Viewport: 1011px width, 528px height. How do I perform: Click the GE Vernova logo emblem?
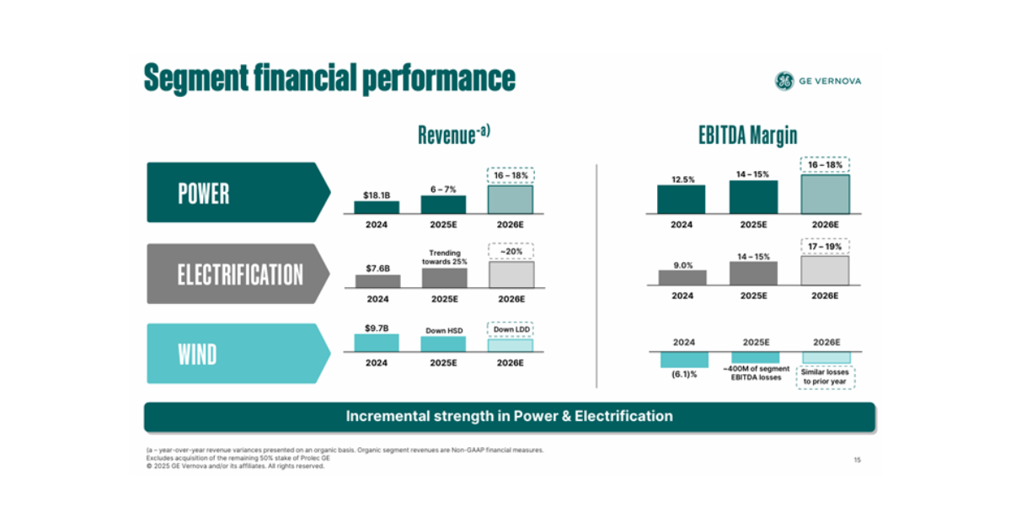coord(784,81)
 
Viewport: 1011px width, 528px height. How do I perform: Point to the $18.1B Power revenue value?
coord(376,195)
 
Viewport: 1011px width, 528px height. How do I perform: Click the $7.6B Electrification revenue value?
coord(377,269)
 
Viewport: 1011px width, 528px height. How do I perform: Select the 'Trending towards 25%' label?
coord(443,257)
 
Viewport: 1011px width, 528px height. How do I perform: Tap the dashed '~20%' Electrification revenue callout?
coord(511,250)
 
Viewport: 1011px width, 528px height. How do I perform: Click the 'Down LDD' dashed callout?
coord(511,329)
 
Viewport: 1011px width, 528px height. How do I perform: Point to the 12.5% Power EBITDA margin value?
coord(682,179)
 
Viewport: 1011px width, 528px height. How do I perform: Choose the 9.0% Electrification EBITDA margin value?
coord(682,264)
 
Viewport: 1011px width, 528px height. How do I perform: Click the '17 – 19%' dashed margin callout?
coord(825,246)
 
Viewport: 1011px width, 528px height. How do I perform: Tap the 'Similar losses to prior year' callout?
coord(825,376)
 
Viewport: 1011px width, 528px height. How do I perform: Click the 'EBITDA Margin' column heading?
coord(747,136)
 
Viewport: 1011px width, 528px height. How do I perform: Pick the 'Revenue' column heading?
coord(453,135)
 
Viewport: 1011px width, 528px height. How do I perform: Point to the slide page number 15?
coord(857,460)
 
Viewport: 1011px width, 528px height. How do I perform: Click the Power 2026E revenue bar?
coord(511,200)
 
